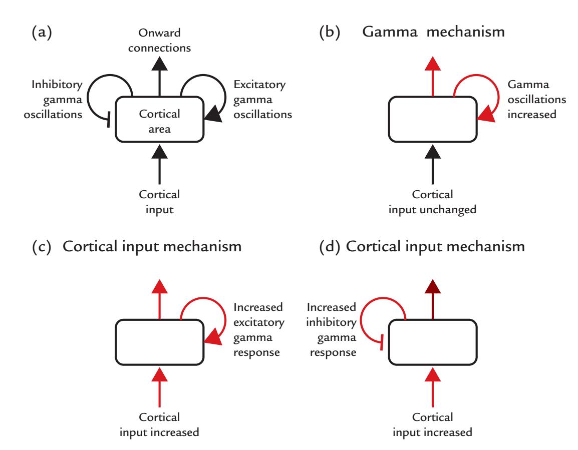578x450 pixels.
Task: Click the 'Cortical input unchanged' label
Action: coord(432,203)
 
